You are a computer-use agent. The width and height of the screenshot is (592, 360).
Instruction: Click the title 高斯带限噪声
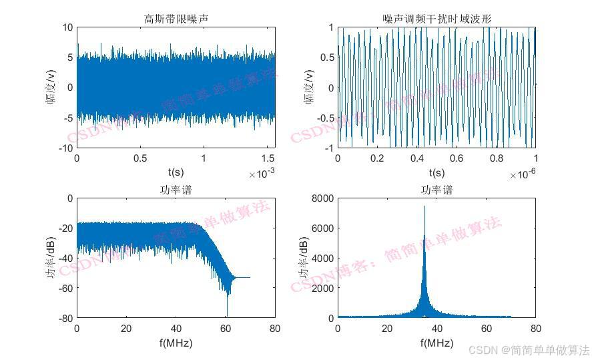click(x=176, y=19)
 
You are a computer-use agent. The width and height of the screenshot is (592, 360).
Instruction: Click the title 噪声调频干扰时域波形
click(x=437, y=19)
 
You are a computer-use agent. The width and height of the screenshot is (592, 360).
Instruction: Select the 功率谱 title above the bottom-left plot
click(x=176, y=190)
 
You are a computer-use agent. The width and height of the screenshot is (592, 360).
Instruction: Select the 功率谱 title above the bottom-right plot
click(x=436, y=190)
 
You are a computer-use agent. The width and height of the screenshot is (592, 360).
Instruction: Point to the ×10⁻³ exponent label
click(x=262, y=174)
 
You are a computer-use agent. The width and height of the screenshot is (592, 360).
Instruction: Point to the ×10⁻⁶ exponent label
click(x=523, y=174)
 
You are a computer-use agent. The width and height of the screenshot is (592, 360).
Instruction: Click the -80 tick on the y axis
click(x=65, y=319)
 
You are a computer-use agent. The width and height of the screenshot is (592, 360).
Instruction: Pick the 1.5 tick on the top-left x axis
click(x=268, y=159)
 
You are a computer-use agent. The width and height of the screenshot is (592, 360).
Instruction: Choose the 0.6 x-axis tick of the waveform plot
click(x=457, y=159)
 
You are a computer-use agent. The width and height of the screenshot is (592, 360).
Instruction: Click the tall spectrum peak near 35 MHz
click(x=424, y=208)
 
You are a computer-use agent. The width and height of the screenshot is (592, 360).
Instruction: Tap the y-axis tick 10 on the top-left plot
click(x=67, y=27)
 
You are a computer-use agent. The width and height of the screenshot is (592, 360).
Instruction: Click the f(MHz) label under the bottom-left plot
click(x=176, y=343)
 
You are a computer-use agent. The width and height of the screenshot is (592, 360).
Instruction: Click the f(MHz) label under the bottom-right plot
click(x=436, y=343)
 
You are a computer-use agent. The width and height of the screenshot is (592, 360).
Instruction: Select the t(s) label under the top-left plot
click(x=176, y=173)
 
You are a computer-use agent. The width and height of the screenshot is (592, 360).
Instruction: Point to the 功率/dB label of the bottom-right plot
click(x=304, y=258)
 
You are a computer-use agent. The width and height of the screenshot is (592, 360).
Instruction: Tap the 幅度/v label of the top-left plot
click(x=49, y=87)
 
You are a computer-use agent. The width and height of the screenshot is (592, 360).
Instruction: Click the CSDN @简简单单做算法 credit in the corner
click(x=529, y=350)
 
